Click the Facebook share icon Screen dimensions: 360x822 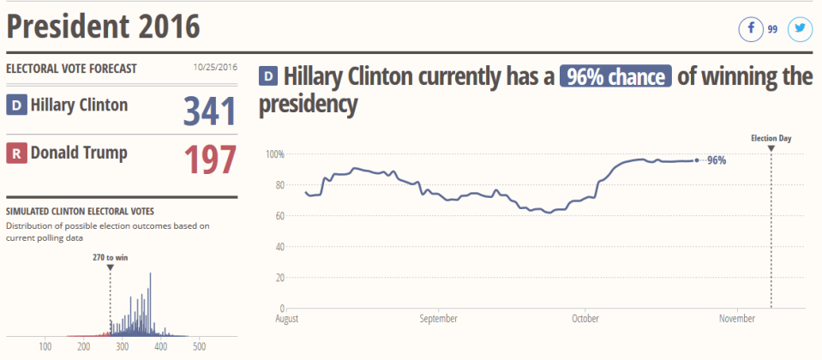751,29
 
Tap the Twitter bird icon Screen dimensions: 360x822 800,29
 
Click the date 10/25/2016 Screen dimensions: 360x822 215,69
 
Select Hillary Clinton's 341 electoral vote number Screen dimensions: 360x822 209,111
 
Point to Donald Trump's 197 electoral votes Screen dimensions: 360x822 209,159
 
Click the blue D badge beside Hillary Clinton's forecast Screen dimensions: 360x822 16,105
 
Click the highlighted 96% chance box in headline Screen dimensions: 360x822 615,77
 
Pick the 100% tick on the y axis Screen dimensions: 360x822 274,154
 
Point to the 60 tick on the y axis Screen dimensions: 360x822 279,216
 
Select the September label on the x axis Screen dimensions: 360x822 438,319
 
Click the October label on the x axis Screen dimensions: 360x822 585,319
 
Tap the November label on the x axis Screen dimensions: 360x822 737,319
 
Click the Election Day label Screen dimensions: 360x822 771,138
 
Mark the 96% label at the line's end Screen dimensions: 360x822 717,160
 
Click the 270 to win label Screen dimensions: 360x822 111,256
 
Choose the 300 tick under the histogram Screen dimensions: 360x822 123,346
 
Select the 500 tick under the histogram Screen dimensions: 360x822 199,346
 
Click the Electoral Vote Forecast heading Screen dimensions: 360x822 71,69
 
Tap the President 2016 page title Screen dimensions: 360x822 103,27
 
